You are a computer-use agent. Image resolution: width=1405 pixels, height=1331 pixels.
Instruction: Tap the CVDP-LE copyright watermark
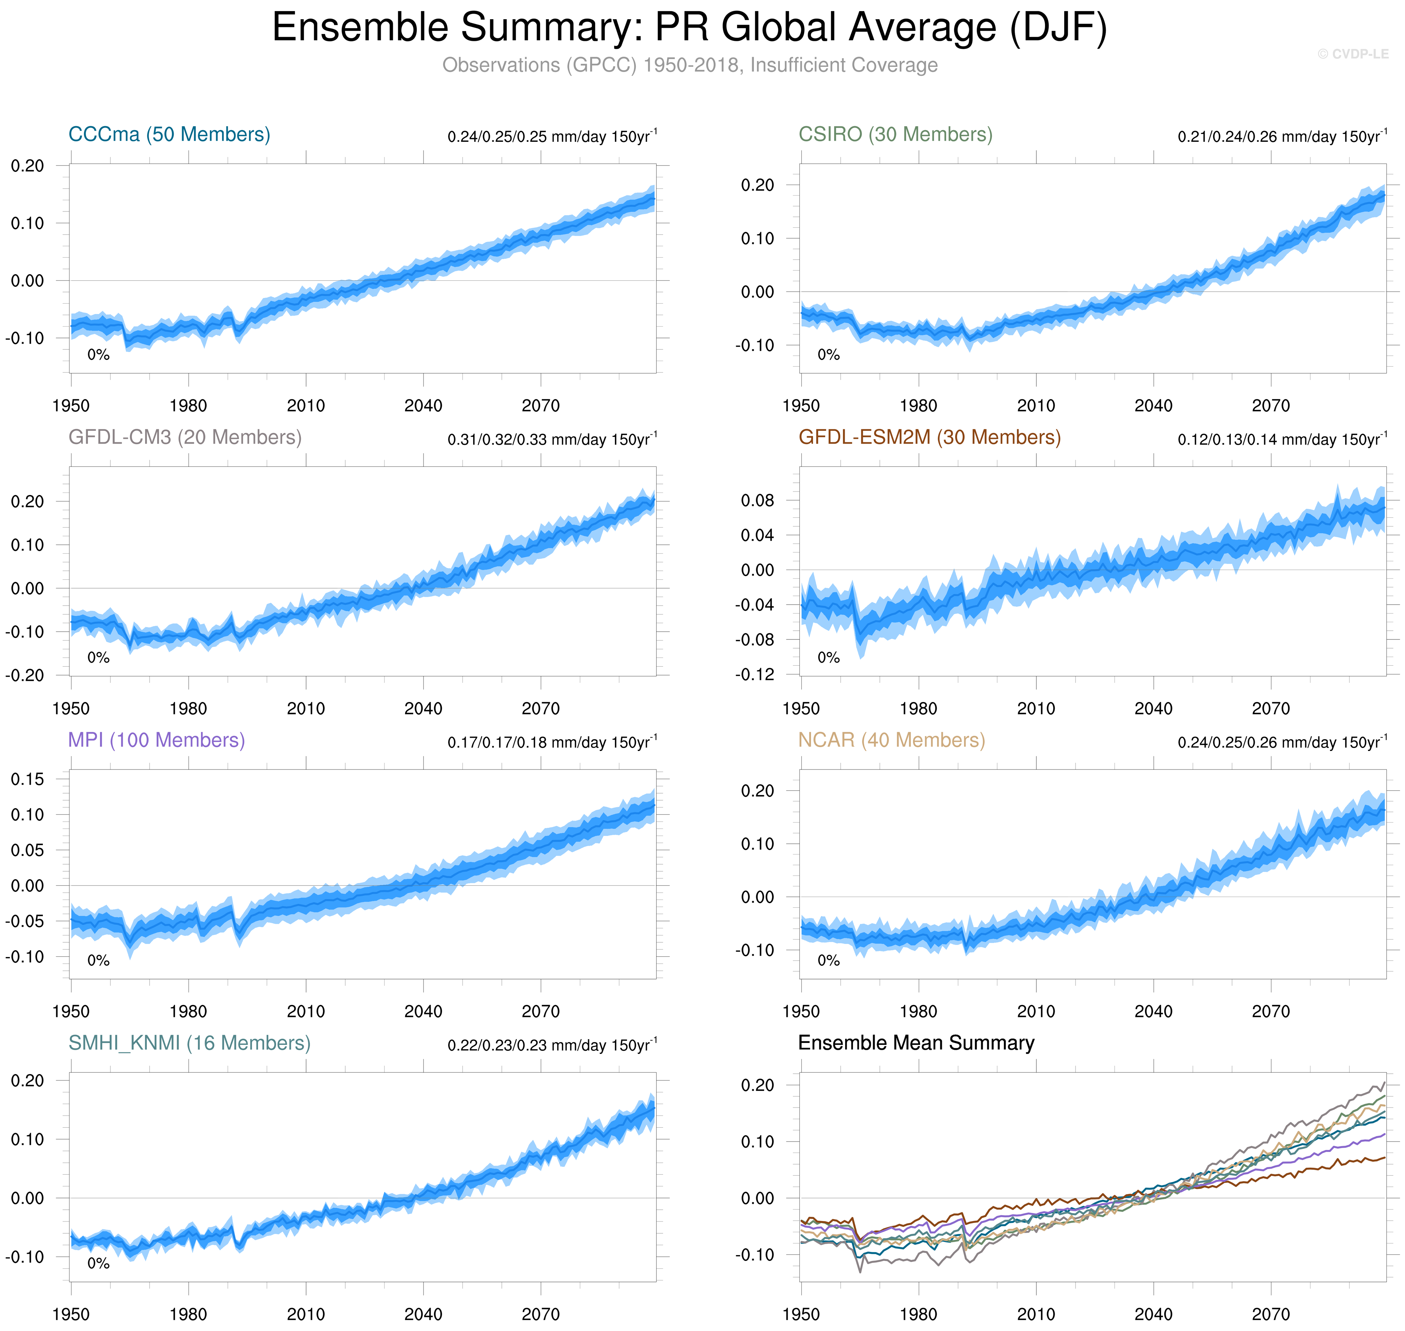(x=1352, y=54)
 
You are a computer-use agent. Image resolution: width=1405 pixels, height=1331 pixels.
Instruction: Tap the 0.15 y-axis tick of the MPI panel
(x=27, y=779)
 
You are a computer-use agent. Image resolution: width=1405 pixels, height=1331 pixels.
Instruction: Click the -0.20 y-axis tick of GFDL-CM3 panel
(x=24, y=675)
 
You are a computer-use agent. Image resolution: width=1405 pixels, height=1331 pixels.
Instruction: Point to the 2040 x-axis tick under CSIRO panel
(x=1153, y=406)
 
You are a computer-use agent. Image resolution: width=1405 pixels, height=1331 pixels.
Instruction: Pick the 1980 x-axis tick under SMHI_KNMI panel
(x=188, y=1314)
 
